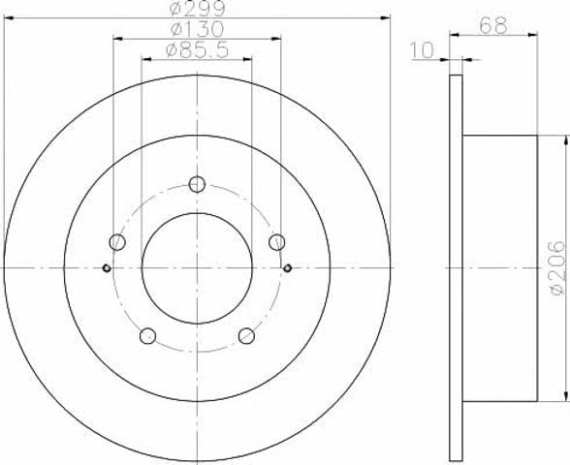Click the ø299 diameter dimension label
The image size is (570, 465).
[197, 8]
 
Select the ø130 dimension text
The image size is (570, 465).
[197, 29]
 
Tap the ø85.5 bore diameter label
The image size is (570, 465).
[197, 50]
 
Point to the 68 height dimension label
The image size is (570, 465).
[492, 25]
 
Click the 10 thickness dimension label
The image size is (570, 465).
[423, 50]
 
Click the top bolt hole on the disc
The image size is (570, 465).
[197, 184]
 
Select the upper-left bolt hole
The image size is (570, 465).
[117, 242]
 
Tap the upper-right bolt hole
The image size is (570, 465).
[276, 242]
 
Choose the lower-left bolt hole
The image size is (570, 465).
[147, 335]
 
